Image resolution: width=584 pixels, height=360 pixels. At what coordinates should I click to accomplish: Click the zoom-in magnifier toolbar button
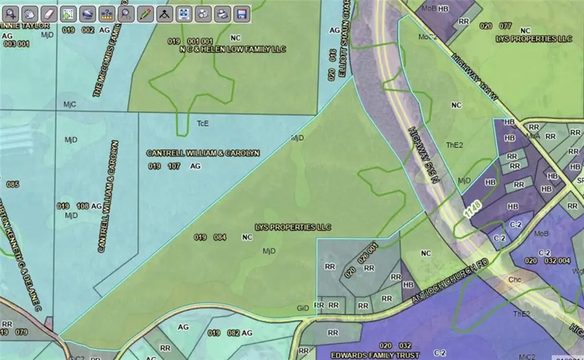[11, 13]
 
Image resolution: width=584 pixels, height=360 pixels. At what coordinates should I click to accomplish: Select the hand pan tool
[30, 13]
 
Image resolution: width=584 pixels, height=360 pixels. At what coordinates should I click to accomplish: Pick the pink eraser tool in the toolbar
[49, 13]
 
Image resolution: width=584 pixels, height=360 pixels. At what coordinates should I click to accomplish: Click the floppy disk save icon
[241, 13]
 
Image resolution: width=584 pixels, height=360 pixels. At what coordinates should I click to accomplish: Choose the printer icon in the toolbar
[222, 13]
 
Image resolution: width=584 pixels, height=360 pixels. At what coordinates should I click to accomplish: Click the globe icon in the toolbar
[203, 13]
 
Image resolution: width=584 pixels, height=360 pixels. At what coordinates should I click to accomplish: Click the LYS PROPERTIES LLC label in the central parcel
[293, 228]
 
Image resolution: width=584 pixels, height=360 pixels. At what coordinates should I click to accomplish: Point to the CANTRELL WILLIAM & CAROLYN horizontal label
[203, 153]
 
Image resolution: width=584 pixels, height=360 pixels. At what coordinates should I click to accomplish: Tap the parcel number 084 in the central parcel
[220, 237]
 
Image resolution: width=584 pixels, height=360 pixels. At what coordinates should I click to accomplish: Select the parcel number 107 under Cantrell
[173, 167]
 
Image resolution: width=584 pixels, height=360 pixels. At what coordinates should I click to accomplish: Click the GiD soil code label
[302, 306]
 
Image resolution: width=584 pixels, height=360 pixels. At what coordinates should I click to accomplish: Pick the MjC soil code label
[69, 104]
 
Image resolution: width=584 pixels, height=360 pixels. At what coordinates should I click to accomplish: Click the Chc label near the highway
[515, 280]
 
